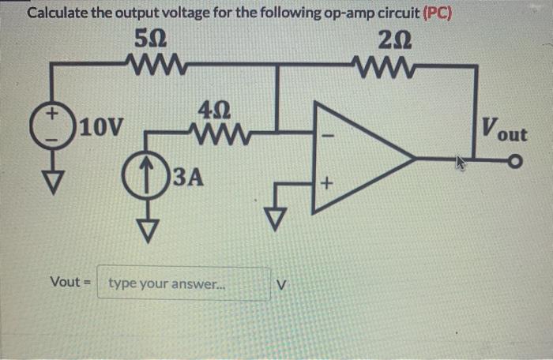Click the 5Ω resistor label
(151, 37)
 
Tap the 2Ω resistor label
(393, 37)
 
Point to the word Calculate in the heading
(58, 13)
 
